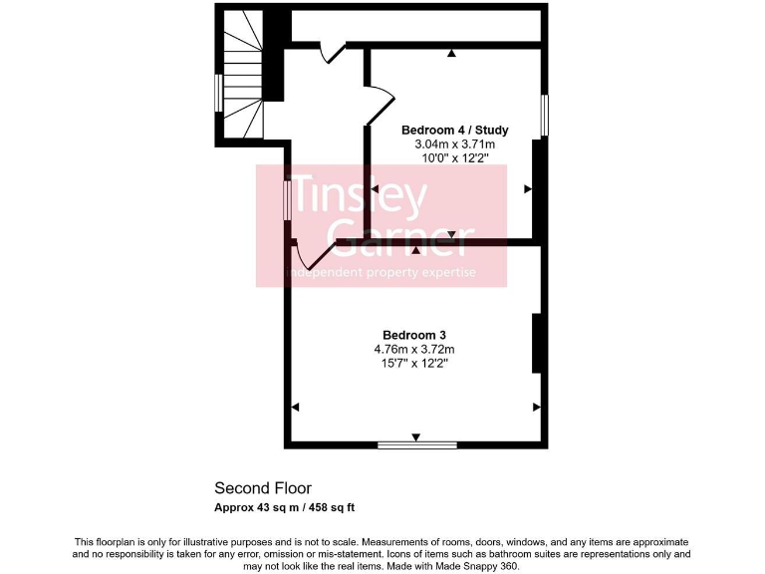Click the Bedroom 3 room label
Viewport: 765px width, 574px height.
tap(413, 335)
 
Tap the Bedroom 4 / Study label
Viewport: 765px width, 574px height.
tap(454, 131)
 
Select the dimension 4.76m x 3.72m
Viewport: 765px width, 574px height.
tap(413, 350)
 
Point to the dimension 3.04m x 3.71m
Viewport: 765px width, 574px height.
tap(454, 144)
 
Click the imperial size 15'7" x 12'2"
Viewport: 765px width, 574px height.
tap(413, 364)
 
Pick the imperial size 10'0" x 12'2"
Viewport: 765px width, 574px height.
tap(454, 158)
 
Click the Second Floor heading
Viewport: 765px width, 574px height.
tap(263, 488)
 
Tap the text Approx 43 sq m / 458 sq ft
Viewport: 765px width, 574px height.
tap(285, 507)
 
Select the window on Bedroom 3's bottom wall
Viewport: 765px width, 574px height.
tap(416, 444)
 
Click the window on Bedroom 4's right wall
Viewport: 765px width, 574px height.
tap(544, 115)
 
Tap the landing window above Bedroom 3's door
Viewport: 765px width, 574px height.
tap(288, 195)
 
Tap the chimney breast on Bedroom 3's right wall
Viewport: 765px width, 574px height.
tap(537, 344)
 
